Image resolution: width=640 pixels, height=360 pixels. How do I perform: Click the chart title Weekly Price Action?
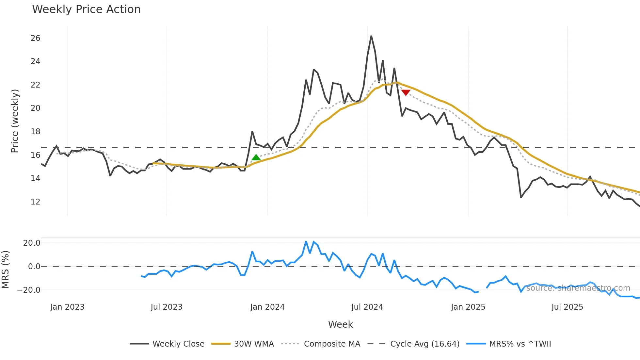coord(86,9)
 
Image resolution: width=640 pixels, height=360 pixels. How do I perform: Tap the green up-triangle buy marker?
coord(256,157)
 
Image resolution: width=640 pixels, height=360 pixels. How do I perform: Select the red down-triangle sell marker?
coord(406,93)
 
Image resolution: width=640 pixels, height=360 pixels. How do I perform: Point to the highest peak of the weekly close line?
coord(371,36)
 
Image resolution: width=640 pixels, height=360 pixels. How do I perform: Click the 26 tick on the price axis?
coord(35,38)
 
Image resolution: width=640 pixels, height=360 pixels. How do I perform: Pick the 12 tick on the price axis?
coord(35,202)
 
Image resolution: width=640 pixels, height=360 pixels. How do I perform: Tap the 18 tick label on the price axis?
coord(35,132)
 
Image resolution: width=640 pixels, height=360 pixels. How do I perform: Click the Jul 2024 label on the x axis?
coord(367,307)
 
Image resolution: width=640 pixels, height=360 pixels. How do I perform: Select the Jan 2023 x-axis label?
coord(67,307)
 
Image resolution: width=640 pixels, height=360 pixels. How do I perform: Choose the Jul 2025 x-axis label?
coord(567,307)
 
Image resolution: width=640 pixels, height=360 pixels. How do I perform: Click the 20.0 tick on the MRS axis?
coord(32,243)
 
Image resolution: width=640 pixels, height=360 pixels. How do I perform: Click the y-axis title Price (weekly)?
coord(15,121)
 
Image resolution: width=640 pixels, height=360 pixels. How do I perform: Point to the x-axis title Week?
coord(340,324)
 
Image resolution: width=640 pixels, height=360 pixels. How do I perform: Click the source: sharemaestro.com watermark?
coord(578,288)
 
